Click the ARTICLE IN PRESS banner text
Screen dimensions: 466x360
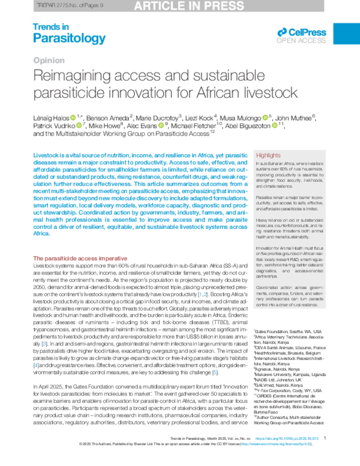189,5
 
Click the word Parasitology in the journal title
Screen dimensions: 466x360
69,38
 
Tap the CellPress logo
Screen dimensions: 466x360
302,32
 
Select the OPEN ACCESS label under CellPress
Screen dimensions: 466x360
301,40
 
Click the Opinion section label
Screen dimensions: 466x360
49,60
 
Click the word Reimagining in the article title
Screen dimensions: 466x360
71,75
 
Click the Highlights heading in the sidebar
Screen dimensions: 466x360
268,155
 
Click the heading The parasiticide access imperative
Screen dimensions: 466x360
80,258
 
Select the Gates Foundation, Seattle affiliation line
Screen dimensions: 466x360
287,332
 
